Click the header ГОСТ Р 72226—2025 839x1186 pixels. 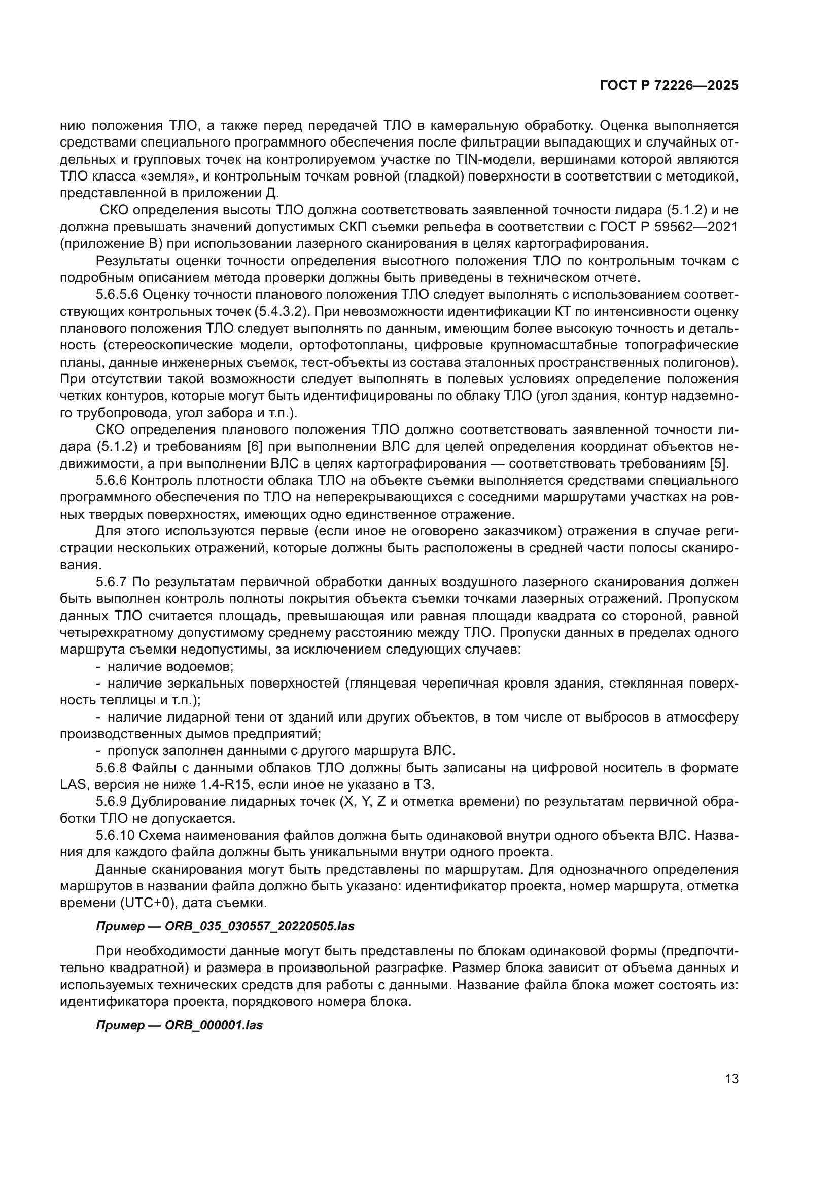coord(669,86)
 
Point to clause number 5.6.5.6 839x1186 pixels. coord(117,295)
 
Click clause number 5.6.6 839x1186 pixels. coord(111,481)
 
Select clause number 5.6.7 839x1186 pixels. coord(111,582)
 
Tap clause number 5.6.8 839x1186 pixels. coord(111,768)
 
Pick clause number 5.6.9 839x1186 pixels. coord(111,802)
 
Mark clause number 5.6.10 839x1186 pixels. coord(114,836)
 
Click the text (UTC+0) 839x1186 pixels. coord(145,904)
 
